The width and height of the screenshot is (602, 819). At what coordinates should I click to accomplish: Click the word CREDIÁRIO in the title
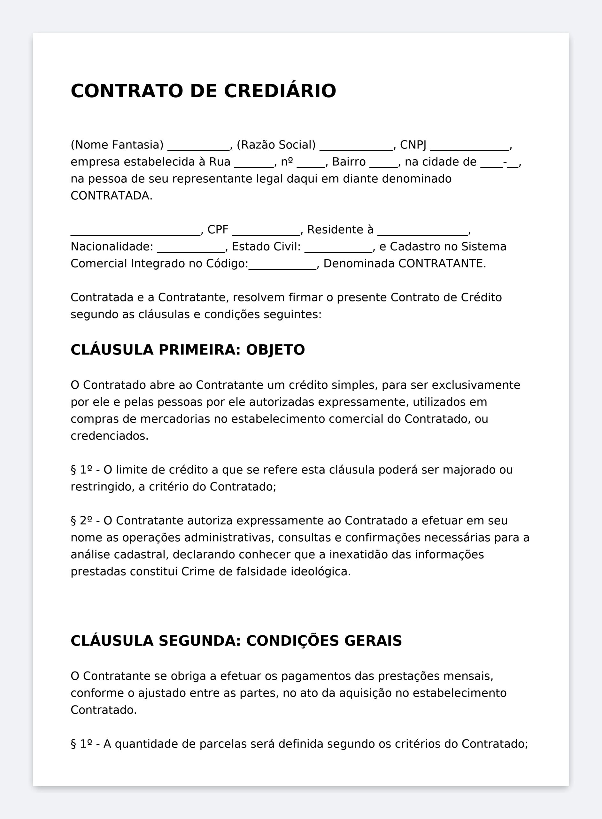[x=280, y=91]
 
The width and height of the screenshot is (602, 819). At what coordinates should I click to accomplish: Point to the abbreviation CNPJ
[x=413, y=145]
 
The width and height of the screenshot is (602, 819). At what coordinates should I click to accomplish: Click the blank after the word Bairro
[x=383, y=164]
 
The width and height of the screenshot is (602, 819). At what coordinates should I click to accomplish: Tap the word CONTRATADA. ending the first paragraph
[x=111, y=196]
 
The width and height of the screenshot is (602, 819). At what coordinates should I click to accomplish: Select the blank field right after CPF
[x=266, y=232]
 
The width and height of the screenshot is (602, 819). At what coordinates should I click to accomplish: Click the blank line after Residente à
[x=422, y=232]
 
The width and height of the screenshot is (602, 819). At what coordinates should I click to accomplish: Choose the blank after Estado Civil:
[x=338, y=249]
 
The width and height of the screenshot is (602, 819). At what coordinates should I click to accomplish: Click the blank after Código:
[x=282, y=266]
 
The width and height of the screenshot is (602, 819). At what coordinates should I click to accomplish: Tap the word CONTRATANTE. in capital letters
[x=442, y=263]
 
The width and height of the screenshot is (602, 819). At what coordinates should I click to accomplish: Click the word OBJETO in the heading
[x=275, y=350]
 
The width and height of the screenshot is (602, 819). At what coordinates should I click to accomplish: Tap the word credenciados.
[x=109, y=436]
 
